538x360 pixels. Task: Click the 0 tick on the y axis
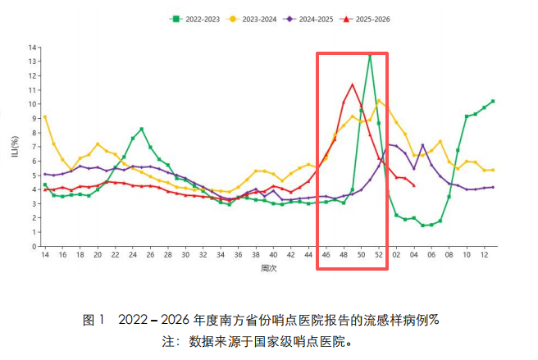click(x=34, y=246)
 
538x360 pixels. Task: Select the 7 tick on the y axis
click(x=34, y=147)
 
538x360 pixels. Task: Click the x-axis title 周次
click(x=268, y=268)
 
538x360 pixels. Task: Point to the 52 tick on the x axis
click(x=379, y=255)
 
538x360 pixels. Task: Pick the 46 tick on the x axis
click(x=326, y=255)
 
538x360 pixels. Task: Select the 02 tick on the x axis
click(x=396, y=255)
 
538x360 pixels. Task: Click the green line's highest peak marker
click(x=370, y=56)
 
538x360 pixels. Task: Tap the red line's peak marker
click(x=353, y=84)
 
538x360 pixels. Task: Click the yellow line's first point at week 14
click(x=45, y=116)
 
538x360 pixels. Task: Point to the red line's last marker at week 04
click(x=413, y=185)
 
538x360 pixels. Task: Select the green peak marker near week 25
click(x=142, y=129)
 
